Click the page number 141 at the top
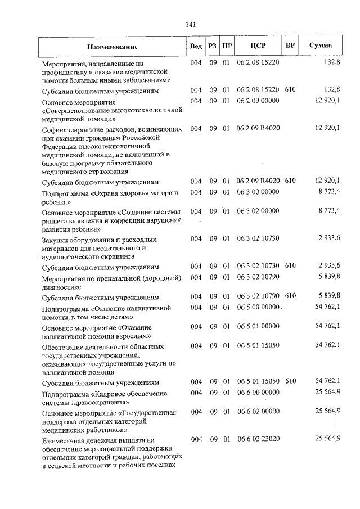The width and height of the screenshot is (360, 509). (190, 24)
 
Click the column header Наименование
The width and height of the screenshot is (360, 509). (112, 47)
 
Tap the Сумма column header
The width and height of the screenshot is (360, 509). (321, 46)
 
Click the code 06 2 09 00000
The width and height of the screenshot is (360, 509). (258, 101)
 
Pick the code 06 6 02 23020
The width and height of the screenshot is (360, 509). (258, 439)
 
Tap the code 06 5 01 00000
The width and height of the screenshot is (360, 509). (258, 325)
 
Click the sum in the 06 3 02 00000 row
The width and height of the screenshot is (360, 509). (329, 211)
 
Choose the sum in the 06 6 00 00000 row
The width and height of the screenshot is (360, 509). (328, 392)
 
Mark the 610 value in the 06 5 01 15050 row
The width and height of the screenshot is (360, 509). (290, 382)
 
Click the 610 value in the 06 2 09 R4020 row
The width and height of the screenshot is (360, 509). (290, 181)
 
